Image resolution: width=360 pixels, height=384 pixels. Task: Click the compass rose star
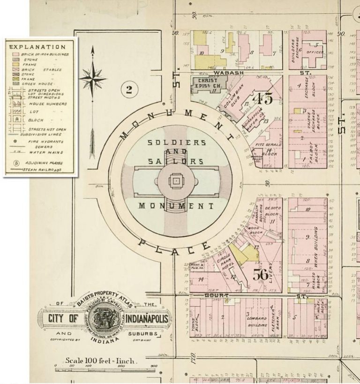tap(92, 78)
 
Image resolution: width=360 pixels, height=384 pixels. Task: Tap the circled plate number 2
tap(128, 89)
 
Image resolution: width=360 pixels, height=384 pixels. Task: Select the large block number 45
tap(262, 99)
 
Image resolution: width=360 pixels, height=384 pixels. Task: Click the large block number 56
tap(261, 274)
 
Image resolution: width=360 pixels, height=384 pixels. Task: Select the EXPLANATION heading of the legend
tap(37, 47)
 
